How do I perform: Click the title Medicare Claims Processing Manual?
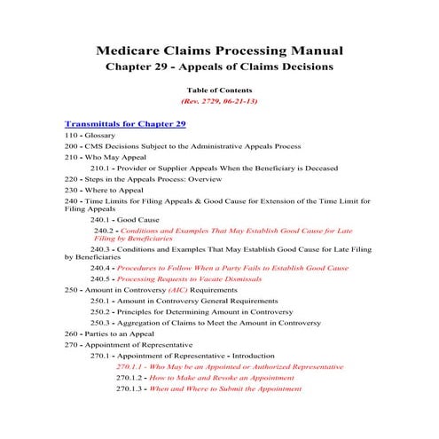(x=219, y=51)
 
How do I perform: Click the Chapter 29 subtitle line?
(x=219, y=67)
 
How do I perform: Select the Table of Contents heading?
(x=219, y=90)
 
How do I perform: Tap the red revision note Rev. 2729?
(x=219, y=102)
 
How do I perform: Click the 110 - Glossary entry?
(x=90, y=135)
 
